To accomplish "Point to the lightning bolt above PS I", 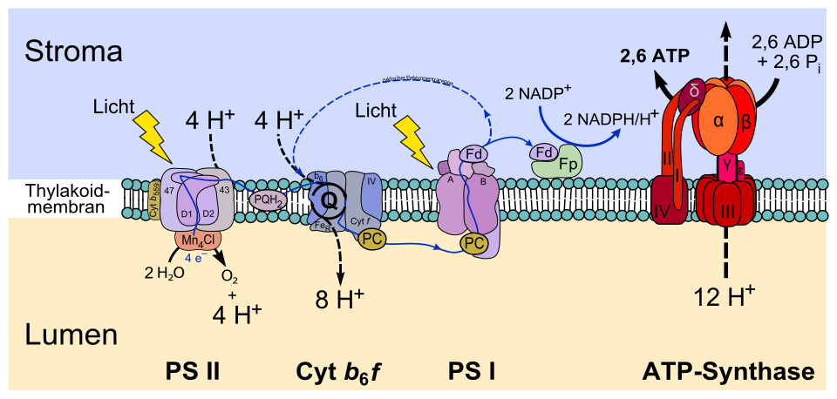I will click(x=412, y=140).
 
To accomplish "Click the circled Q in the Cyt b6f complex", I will click(x=330, y=199).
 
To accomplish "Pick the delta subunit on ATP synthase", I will click(x=694, y=91).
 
